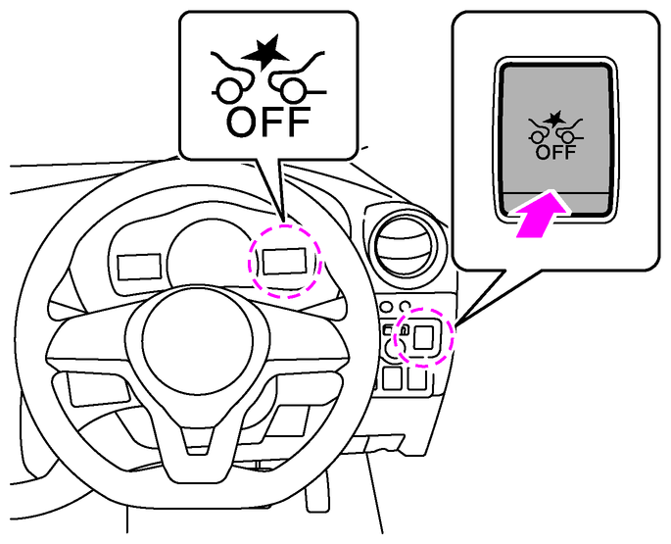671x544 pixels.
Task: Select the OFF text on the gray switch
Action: [x=555, y=152]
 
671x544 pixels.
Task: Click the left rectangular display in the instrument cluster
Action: [x=136, y=265]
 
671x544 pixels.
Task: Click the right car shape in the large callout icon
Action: [x=295, y=83]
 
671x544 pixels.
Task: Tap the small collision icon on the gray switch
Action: [x=555, y=128]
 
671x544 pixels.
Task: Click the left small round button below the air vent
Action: [x=389, y=304]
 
